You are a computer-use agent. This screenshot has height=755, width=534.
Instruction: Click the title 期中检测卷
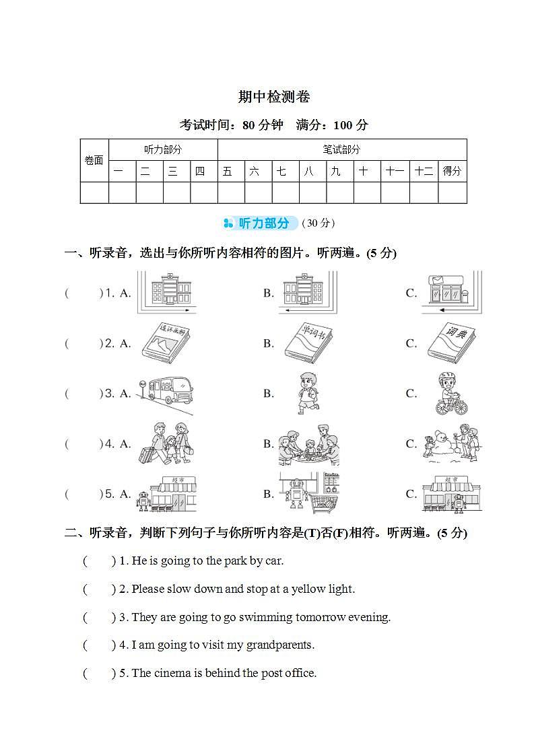273,97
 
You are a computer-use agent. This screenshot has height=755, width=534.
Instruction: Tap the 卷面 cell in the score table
94,160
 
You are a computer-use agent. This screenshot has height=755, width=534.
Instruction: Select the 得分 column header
452,171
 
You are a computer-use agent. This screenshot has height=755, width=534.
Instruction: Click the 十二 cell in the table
424,171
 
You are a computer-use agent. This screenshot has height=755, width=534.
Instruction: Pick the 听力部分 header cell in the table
163,149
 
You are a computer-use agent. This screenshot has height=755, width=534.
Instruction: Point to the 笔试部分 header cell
341,149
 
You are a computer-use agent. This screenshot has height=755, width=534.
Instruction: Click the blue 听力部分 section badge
260,223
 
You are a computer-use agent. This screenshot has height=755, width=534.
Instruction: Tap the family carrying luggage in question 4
166,443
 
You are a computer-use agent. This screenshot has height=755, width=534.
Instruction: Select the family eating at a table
309,443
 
